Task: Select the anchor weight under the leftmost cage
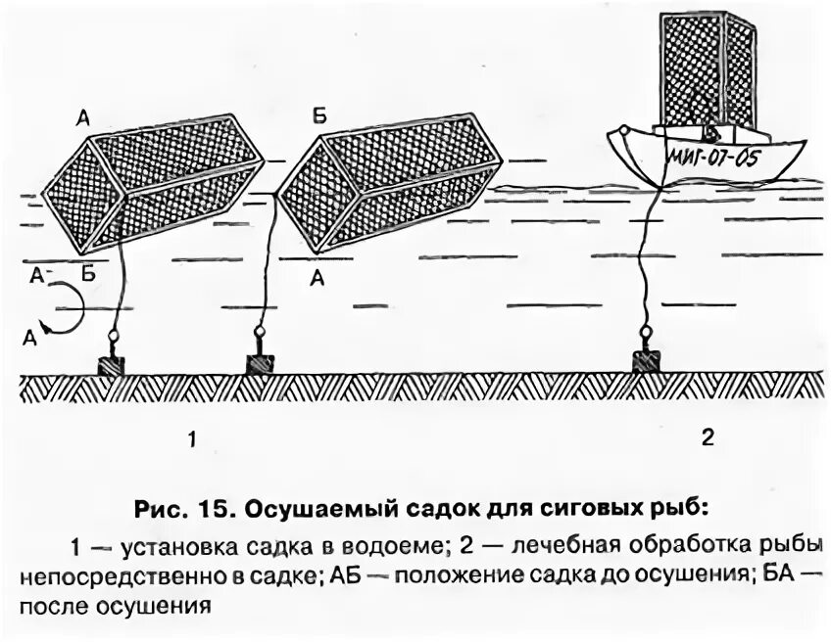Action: point(112,364)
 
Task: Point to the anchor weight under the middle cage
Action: point(260,363)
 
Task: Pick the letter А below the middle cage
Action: point(317,278)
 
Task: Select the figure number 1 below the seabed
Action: point(192,440)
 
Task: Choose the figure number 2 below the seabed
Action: point(708,437)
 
